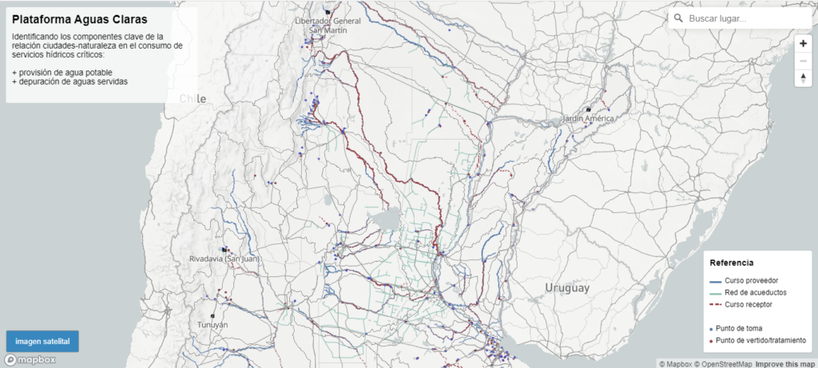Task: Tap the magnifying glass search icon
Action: coord(678,18)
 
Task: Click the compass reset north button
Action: coord(803,77)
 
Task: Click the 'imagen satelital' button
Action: coord(42,342)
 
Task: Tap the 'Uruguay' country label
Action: coord(567,287)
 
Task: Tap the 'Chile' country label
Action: coord(193,99)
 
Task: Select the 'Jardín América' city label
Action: coord(589,119)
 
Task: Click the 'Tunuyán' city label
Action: coord(212,325)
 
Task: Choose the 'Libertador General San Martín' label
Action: coord(328,25)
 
